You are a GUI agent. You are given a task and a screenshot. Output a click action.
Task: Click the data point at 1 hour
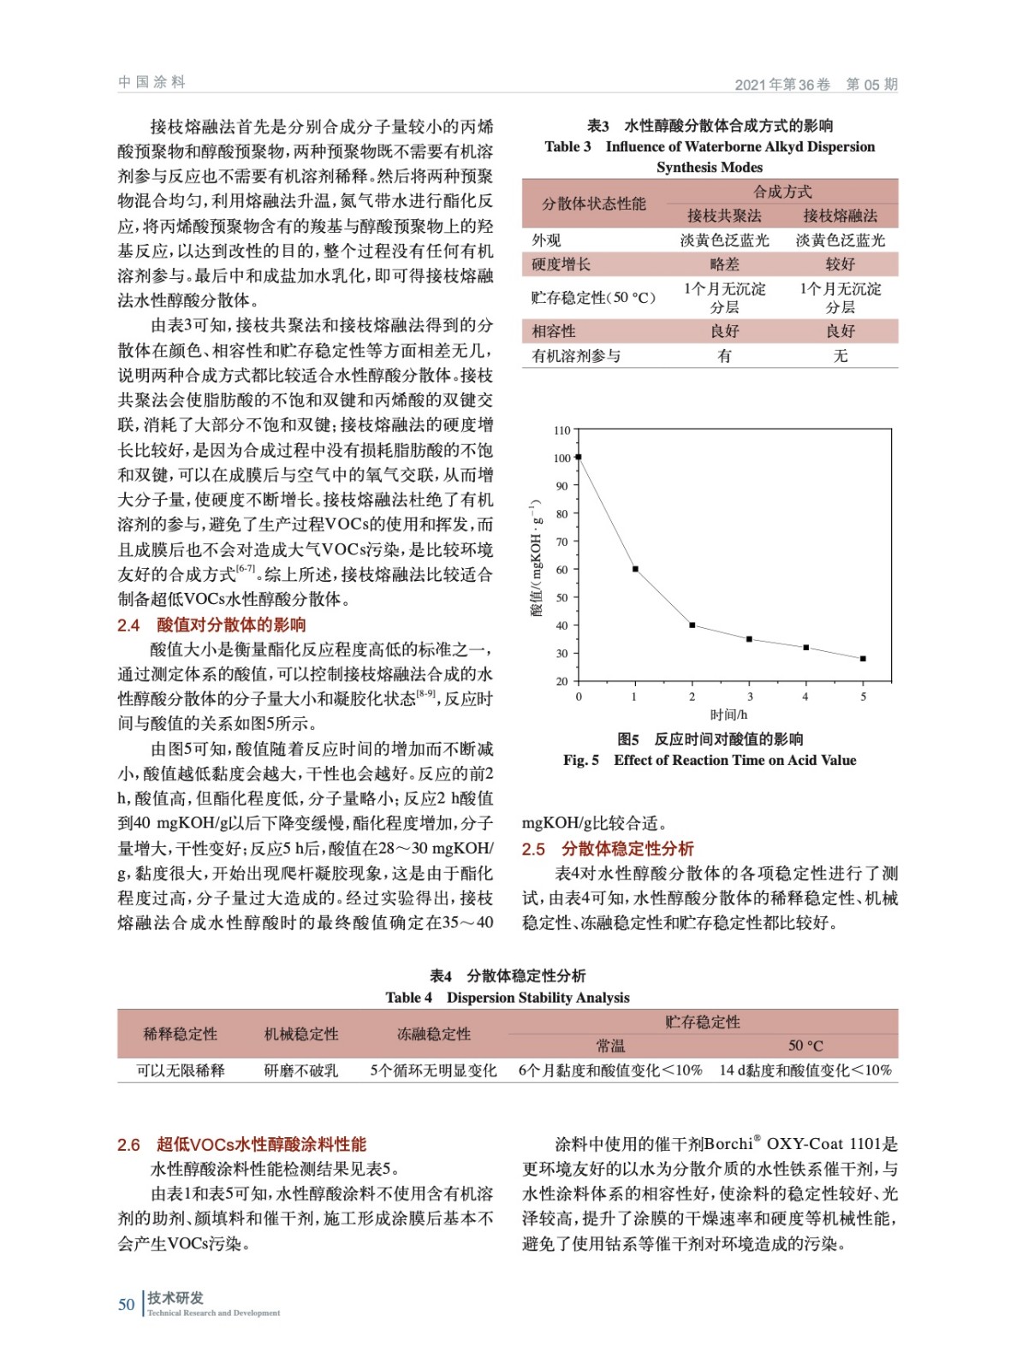(635, 569)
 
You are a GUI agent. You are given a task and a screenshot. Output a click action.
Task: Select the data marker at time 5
(863, 659)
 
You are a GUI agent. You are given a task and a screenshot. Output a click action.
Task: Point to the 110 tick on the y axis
(561, 430)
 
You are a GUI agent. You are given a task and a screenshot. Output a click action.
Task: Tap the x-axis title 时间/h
(728, 714)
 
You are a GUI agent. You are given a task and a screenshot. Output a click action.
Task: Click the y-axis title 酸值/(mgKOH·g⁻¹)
(536, 557)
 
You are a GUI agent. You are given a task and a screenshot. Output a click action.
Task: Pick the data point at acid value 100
(579, 457)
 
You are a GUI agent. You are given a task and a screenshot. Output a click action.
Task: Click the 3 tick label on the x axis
(750, 696)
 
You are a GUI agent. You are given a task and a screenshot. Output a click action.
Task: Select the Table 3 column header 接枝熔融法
(840, 216)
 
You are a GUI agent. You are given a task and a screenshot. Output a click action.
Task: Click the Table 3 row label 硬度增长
(561, 264)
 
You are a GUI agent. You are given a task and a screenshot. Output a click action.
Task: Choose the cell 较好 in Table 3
(840, 264)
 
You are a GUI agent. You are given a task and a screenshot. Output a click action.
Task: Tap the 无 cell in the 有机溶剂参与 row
(840, 356)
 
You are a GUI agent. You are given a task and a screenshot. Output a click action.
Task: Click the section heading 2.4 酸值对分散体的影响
(211, 625)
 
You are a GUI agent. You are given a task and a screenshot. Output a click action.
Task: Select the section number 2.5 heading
(533, 849)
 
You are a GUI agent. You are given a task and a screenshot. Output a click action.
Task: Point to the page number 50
(127, 1304)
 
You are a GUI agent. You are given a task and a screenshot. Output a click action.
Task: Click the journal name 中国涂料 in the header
(152, 82)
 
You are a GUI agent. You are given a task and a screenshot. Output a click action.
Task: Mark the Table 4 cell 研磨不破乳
(301, 1070)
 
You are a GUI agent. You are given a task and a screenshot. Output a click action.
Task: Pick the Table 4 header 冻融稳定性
(434, 1034)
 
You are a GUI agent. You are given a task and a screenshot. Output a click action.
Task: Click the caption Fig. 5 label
(581, 760)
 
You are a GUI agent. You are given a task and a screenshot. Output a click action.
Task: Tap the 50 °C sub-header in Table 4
(805, 1046)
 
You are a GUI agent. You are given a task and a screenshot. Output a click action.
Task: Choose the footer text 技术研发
(175, 1298)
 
